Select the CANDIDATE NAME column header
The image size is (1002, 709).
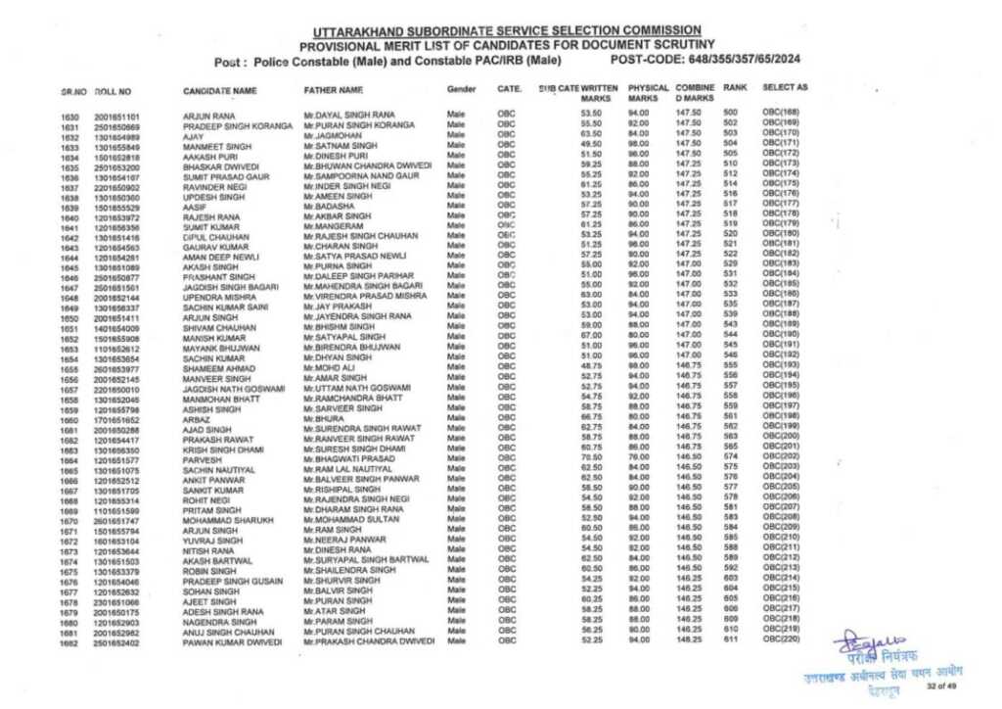[x=219, y=90]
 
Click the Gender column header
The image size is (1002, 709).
[x=461, y=89]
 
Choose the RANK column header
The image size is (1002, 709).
[x=735, y=88]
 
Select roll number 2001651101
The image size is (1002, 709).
[x=116, y=118]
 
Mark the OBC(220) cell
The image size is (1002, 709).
[x=781, y=639]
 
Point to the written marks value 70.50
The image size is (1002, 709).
[x=590, y=456]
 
